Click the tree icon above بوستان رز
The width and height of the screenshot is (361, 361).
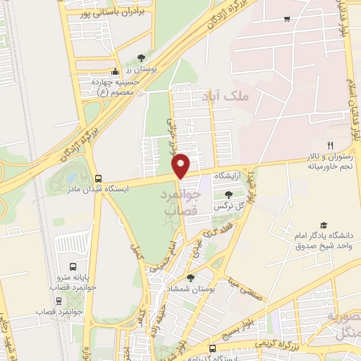pos(141,56)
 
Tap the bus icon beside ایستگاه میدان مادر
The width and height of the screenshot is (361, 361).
pos(97,178)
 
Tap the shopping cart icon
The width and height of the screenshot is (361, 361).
pos(286,19)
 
